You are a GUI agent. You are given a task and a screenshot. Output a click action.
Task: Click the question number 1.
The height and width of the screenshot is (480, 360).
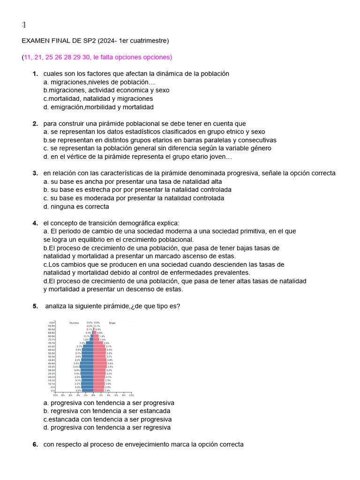point(35,74)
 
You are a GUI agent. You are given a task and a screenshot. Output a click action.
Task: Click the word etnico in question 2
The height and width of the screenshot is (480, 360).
point(240,132)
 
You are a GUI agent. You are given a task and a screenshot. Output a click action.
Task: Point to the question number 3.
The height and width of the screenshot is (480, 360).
point(35,173)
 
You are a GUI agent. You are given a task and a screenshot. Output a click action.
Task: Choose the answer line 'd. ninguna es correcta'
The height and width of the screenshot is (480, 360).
point(76,206)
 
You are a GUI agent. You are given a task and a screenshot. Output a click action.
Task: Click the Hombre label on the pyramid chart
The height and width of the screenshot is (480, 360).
point(74,323)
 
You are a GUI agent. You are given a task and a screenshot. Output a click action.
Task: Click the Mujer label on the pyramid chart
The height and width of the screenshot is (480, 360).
point(112,323)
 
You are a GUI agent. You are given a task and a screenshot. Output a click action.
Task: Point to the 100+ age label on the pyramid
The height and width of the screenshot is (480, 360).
point(52,323)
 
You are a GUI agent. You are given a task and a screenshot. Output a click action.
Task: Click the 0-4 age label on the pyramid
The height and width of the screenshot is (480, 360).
point(52,390)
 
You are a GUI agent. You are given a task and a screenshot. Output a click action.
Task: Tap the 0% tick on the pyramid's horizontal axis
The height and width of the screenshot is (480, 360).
point(93,395)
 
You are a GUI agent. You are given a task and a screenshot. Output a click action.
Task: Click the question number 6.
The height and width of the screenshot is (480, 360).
point(35,444)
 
